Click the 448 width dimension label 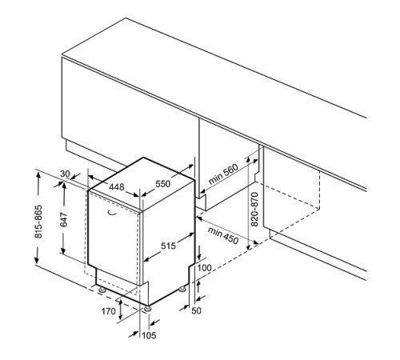point(117,187)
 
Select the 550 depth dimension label point(163,184)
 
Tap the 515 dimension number point(168,246)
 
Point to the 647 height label point(64,219)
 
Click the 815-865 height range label point(38,222)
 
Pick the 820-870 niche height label point(254,209)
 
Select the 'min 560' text point(223,174)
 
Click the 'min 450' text point(223,235)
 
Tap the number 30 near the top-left point(65,174)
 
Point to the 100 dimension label point(204,267)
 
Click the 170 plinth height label point(108,311)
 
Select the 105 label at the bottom point(149,335)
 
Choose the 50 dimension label point(196,310)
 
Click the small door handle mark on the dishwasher point(112,213)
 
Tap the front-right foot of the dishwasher point(147,309)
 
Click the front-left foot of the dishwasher point(102,290)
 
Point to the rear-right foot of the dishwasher point(182,289)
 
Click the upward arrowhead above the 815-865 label point(38,176)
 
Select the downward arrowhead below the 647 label point(63,250)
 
